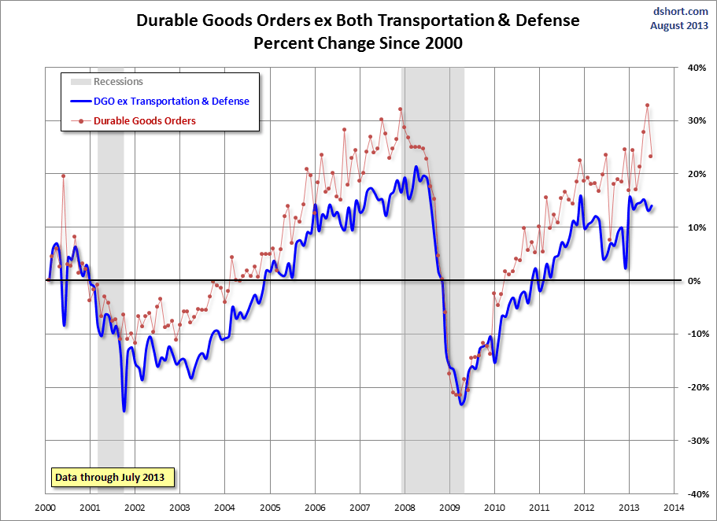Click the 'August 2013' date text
coord(678,25)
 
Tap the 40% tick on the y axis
coord(695,68)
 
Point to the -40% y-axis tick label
coord(693,494)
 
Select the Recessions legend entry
coord(118,81)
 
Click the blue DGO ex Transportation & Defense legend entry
coord(171,101)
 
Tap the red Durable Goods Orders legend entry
coord(144,120)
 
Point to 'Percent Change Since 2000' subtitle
coord(357,43)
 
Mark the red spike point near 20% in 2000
coord(63,176)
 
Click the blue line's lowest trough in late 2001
coord(124,410)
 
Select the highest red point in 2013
coord(647,105)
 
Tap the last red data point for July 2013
coord(650,156)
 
